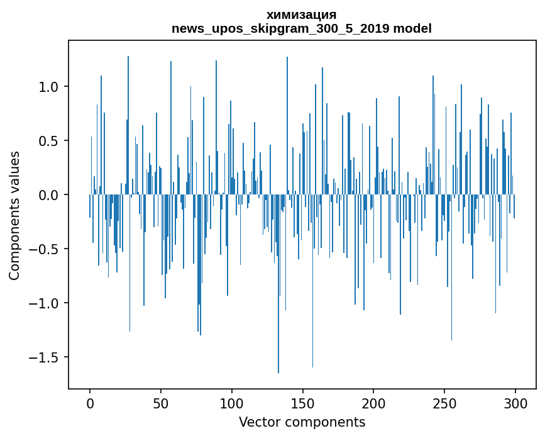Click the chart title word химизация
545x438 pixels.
pos(301,14)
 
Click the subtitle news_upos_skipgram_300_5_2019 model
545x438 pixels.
pos(301,28)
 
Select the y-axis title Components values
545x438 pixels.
pos(14,215)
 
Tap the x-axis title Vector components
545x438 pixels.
pos(302,422)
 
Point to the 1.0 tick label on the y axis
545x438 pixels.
pos(49,87)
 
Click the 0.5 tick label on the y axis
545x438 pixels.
pos(49,141)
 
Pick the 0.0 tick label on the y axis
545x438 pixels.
pos(49,195)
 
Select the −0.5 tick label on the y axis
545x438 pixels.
pos(45,249)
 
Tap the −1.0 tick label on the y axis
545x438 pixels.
pos(45,303)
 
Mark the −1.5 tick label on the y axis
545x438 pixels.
pos(45,357)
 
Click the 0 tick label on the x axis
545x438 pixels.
pos(90,403)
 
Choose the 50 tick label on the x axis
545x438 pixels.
pos(161,403)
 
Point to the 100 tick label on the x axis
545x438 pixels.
pos(232,403)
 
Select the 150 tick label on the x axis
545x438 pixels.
pos(302,403)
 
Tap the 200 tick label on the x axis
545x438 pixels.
pos(373,403)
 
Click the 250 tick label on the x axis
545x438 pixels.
pos(444,403)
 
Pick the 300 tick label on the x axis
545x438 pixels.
pos(515,403)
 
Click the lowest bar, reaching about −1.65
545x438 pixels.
pos(278,283)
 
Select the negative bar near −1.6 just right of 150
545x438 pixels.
pos(312,281)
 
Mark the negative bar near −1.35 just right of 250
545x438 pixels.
pos(451,267)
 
